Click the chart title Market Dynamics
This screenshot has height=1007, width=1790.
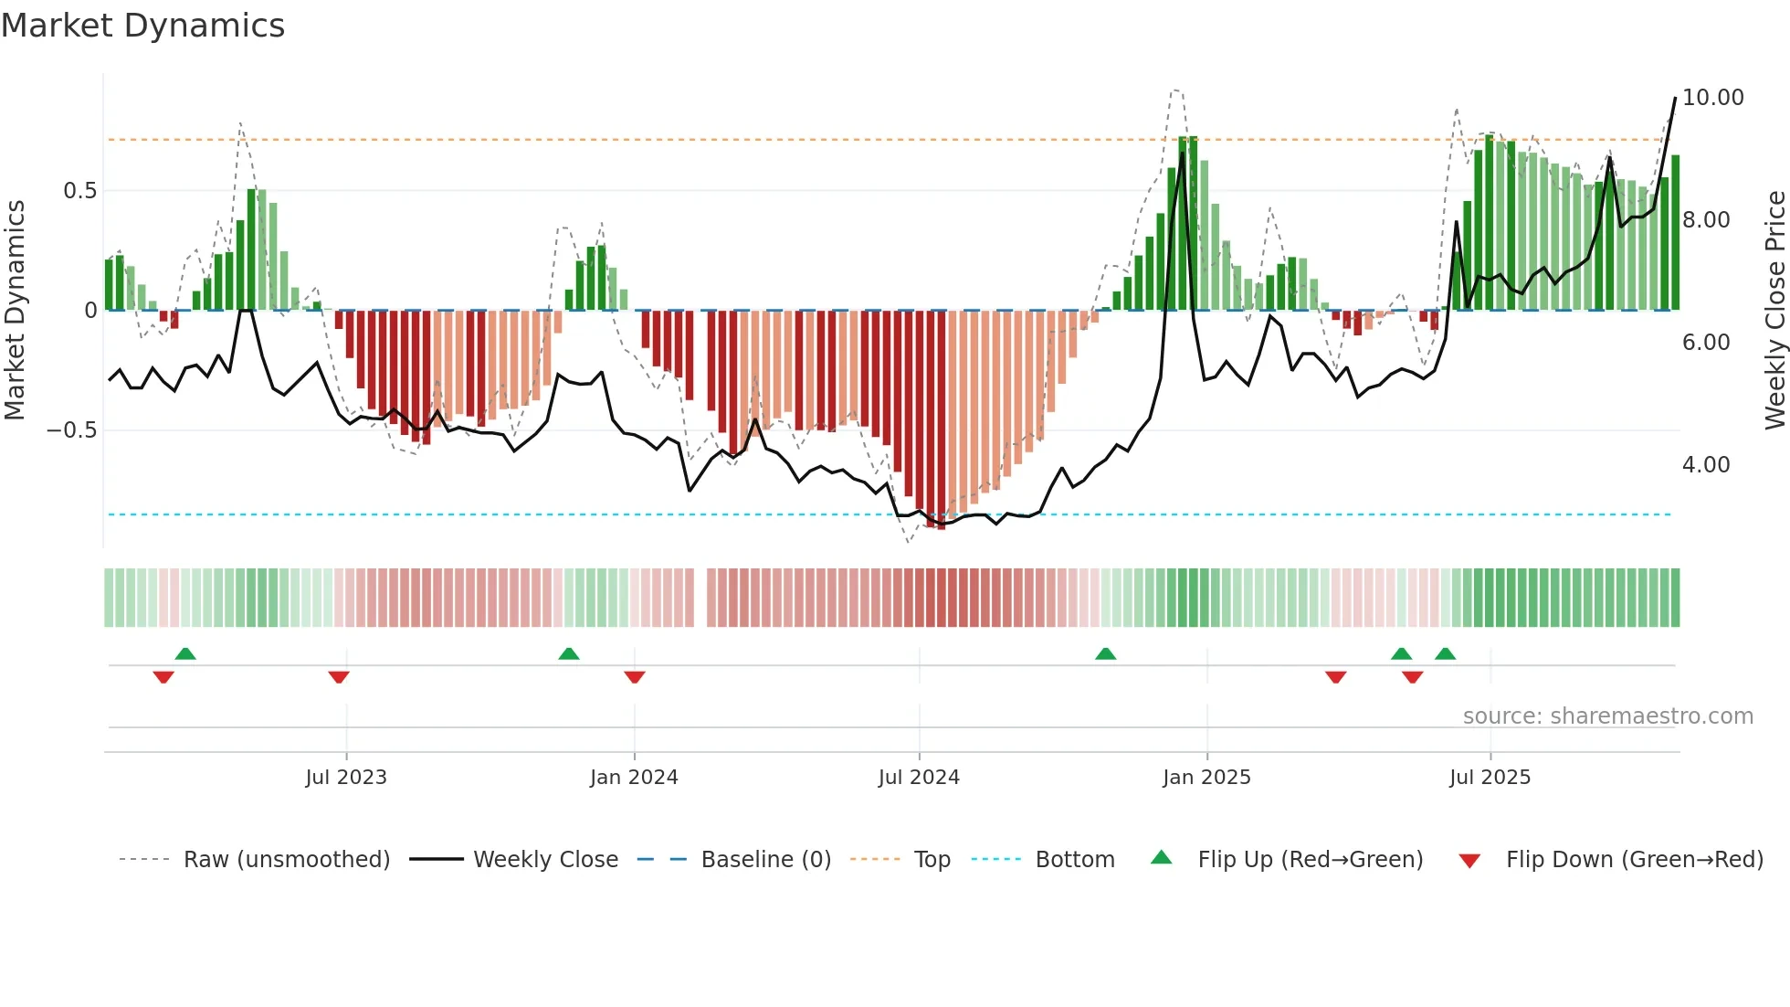pos(142,26)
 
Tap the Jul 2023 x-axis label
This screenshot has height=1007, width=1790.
pos(346,778)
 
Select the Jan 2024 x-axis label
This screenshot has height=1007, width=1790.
pos(634,778)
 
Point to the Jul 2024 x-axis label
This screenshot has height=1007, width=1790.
pos(919,778)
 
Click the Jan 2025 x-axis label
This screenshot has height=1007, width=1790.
pos(1206,778)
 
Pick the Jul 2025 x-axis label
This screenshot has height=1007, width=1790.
pos(1490,778)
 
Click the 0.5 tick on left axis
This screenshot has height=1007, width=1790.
pos(79,191)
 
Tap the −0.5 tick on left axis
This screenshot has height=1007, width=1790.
pos(72,430)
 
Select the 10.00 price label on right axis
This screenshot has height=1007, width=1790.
pos(1712,98)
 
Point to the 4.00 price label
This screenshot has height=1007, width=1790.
pos(1706,465)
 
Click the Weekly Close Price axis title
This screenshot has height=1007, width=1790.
pos(1774,311)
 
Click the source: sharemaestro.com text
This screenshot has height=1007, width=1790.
pos(1607,716)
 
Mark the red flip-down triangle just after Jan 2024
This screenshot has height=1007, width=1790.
pos(635,677)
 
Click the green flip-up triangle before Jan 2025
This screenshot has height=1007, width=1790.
pos(1105,653)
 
